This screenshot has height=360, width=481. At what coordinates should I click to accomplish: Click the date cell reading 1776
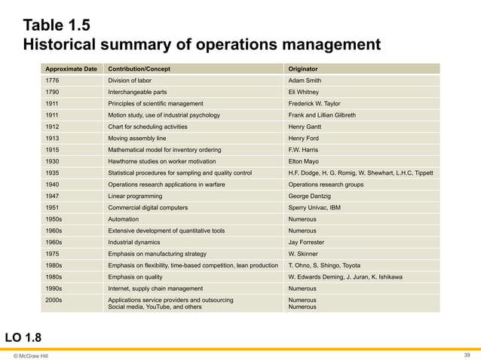tap(53, 80)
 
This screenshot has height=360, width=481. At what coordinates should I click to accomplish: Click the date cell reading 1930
tap(53, 161)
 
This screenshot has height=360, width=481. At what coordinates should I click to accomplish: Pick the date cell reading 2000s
tap(54, 300)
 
